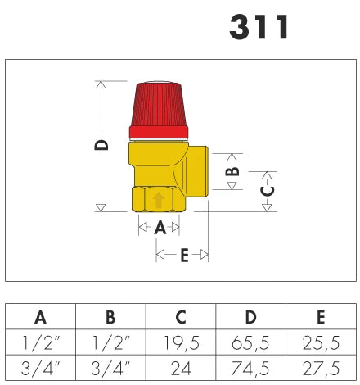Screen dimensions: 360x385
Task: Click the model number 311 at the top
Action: tap(259, 27)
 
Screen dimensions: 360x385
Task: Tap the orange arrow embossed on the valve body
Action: tap(159, 200)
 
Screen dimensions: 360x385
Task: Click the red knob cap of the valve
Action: tap(159, 111)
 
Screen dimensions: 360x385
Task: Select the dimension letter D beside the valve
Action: tap(101, 145)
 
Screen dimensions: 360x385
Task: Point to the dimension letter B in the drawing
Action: tap(232, 171)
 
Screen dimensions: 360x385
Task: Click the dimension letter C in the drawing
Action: tap(268, 191)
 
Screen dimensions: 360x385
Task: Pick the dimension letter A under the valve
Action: tap(160, 228)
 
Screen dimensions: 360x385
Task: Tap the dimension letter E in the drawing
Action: tap(184, 255)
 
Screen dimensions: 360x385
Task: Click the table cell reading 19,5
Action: tap(181, 342)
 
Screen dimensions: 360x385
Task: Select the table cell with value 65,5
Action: tap(250, 342)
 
